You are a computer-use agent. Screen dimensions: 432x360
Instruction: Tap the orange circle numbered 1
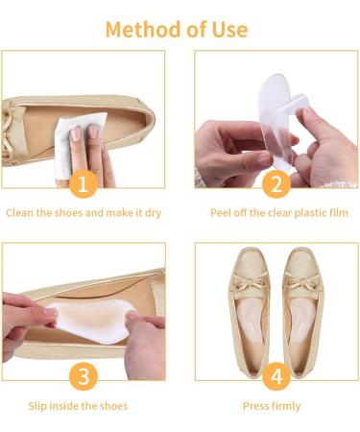pos(84,183)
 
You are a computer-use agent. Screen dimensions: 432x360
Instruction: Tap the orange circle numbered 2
pos(276,183)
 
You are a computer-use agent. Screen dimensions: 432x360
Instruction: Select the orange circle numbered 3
pos(84,376)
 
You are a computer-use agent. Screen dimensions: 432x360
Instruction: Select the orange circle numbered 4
pos(276,376)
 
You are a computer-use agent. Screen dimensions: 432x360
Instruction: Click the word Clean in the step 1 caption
pos(24,212)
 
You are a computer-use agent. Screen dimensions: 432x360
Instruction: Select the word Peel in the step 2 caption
pos(222,212)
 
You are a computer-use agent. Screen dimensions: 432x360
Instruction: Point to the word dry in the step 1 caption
pos(154,212)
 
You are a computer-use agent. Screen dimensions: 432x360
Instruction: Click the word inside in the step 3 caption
pos(77,406)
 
